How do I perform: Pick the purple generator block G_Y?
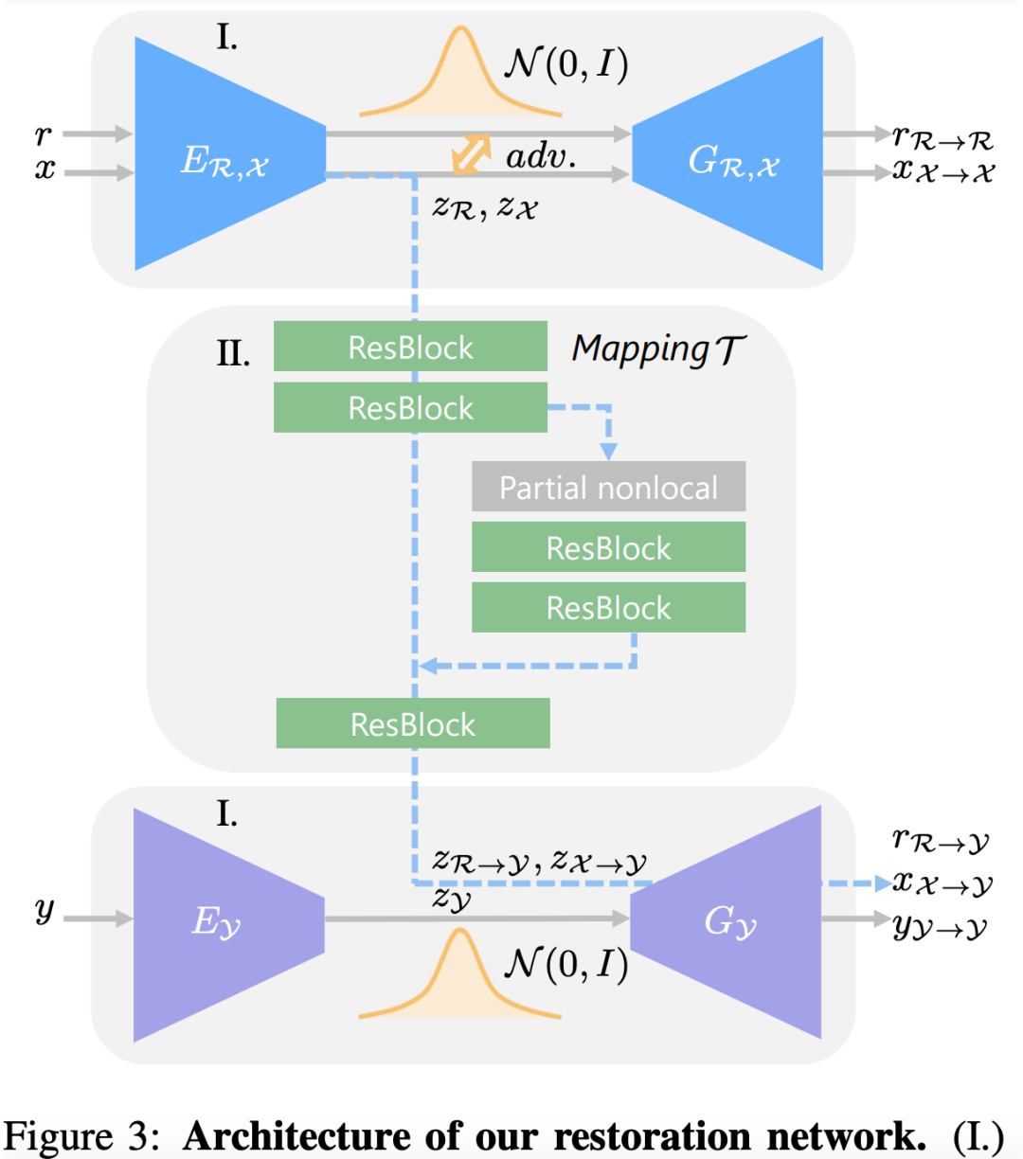(729, 922)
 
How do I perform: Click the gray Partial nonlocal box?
(608, 487)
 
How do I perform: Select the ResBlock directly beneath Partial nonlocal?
(608, 547)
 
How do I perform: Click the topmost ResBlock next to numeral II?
(410, 347)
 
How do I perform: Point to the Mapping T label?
(658, 349)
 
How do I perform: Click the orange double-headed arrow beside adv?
(471, 154)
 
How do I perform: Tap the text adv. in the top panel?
(541, 156)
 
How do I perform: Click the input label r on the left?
(43, 135)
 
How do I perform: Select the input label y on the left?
(45, 911)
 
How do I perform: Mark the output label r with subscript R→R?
(942, 137)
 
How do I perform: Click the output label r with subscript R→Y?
(941, 840)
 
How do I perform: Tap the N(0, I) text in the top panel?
(566, 65)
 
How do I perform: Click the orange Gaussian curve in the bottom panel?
(460, 975)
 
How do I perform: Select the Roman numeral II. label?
(233, 354)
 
